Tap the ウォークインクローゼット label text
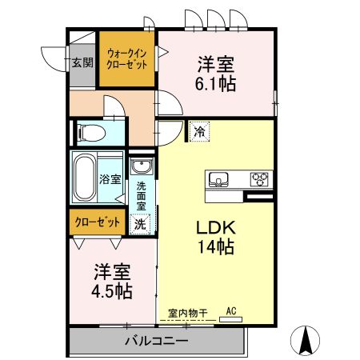[126, 59]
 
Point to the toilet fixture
[90, 130]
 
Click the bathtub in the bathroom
[84, 178]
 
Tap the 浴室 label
[110, 179]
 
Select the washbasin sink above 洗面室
[142, 168]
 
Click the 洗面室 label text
[142, 198]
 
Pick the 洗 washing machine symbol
[140, 225]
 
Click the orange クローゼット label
[98, 222]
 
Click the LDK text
[215, 228]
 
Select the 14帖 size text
[216, 247]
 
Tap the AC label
[231, 310]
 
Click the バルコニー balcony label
[156, 342]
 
